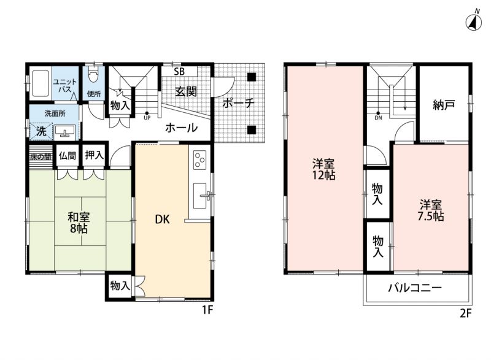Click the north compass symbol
point(473,23)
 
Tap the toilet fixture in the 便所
point(94,74)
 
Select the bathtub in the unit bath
point(41,83)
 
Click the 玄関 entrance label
point(186,91)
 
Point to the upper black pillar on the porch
point(252,77)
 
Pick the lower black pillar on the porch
point(252,130)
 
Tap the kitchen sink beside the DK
point(201,196)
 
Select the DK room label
point(162,220)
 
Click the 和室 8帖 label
point(79,223)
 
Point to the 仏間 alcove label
point(68,155)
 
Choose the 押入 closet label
point(95,155)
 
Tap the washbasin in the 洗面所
point(65,132)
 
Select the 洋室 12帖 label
point(323,169)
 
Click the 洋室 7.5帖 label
point(431,210)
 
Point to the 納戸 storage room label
point(444,105)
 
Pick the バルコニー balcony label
point(415,288)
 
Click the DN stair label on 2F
point(378,118)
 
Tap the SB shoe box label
point(179,72)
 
